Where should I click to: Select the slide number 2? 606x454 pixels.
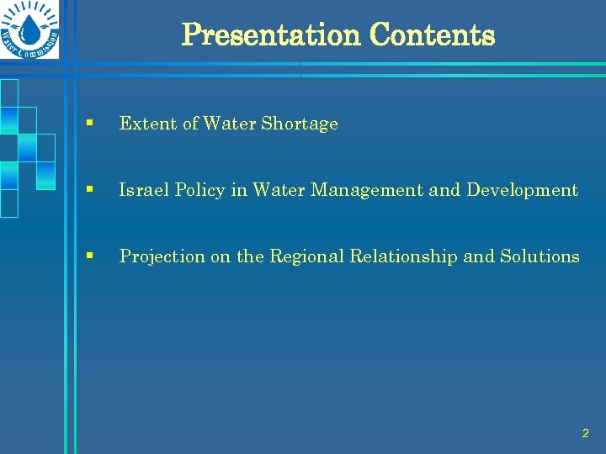pyautogui.click(x=585, y=434)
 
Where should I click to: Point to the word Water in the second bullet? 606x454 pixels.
pyautogui.click(x=280, y=190)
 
